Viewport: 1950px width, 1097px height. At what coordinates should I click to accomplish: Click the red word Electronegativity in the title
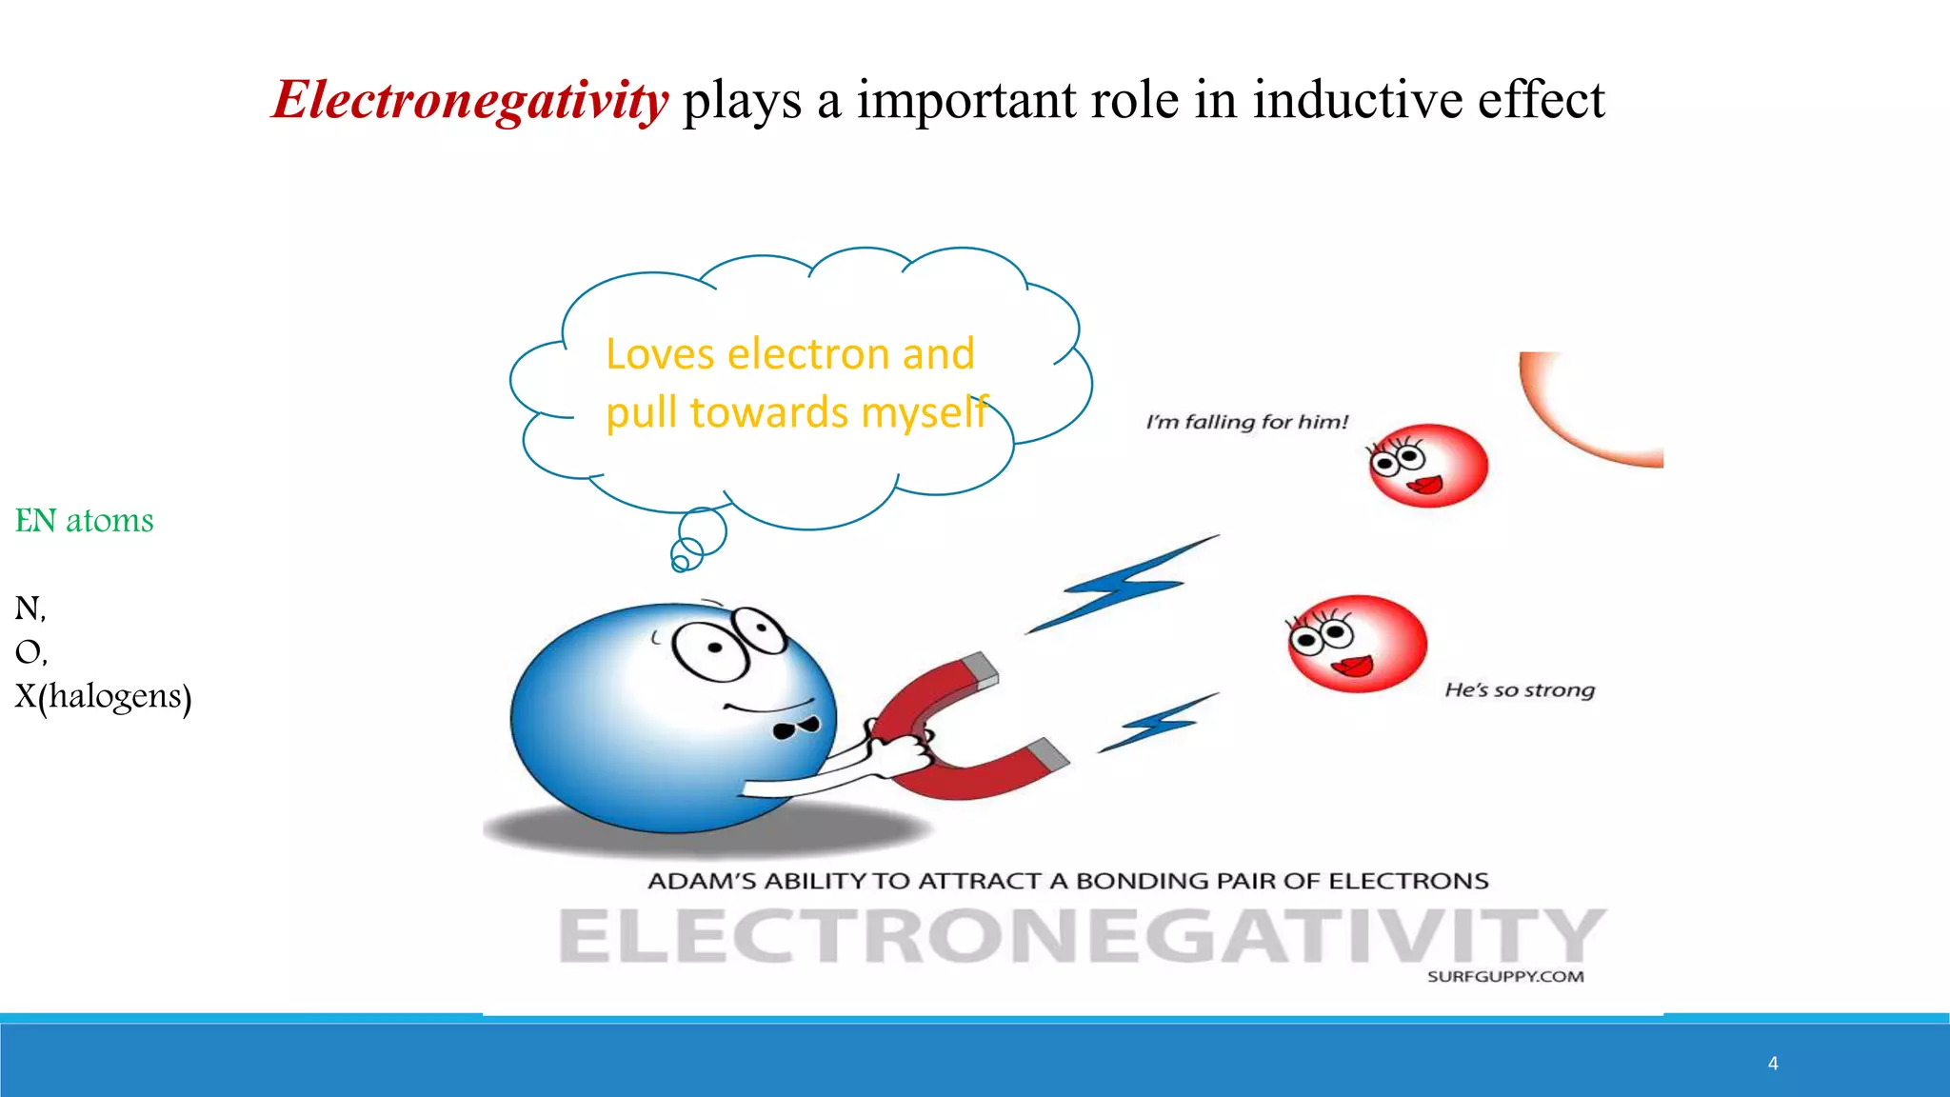click(470, 100)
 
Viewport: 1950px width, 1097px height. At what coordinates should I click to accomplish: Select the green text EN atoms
click(84, 521)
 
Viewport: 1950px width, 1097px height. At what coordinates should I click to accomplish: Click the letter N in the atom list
click(27, 608)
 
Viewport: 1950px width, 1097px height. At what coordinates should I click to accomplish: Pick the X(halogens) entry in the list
click(103, 696)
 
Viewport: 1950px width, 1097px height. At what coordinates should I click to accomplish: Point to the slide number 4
click(1773, 1064)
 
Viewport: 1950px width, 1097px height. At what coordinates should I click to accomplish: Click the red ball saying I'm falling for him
click(1427, 466)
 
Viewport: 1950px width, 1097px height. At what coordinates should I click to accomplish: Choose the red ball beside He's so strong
click(1357, 644)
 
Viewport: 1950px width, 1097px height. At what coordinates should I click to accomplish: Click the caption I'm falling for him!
click(1247, 422)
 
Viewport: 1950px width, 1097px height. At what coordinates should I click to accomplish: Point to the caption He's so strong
click(1520, 690)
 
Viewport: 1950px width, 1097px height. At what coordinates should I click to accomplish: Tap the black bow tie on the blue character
click(796, 728)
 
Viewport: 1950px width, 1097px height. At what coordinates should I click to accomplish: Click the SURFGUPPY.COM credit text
click(1505, 977)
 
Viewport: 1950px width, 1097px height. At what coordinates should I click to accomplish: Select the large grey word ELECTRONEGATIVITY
click(1081, 935)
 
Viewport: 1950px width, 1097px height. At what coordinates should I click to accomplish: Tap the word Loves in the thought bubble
click(660, 354)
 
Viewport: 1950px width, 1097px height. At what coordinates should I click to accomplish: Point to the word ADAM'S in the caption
click(702, 882)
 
